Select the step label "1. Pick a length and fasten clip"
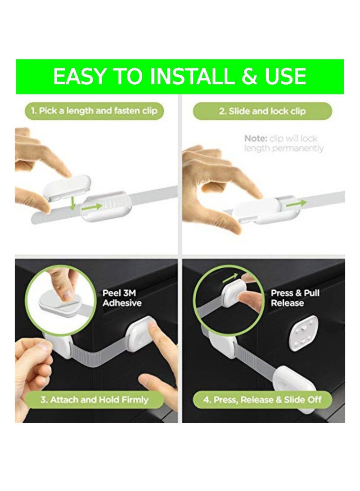pyautogui.click(x=94, y=111)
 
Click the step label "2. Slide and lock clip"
pyautogui.click(x=262, y=111)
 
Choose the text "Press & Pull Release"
pyautogui.click(x=295, y=298)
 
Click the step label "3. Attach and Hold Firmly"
pyautogui.click(x=94, y=399)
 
